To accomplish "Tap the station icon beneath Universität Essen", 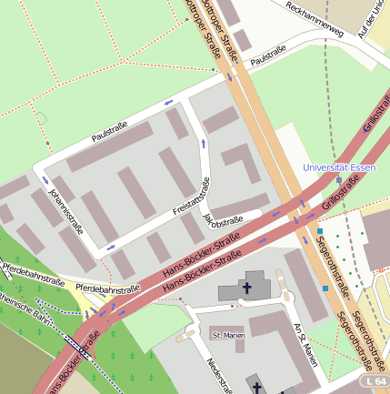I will (x=339, y=180).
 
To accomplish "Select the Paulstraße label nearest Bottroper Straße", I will (x=268, y=56).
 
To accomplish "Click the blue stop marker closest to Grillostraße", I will (x=320, y=231).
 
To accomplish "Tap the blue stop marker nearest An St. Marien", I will (x=325, y=288).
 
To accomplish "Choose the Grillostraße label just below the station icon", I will (x=341, y=195).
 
